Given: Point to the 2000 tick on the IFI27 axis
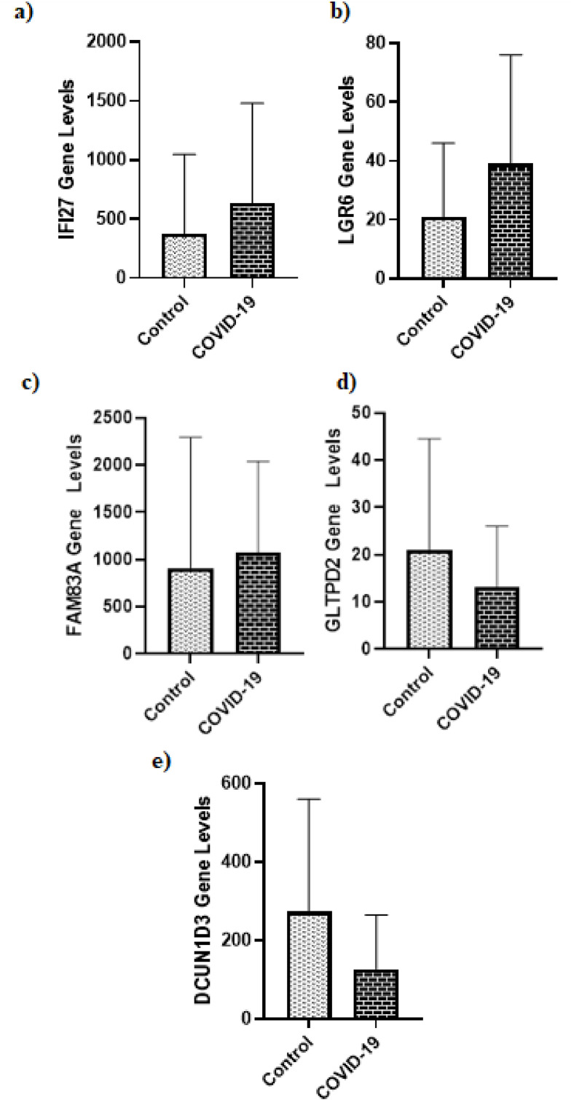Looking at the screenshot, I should pyautogui.click(x=113, y=42).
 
